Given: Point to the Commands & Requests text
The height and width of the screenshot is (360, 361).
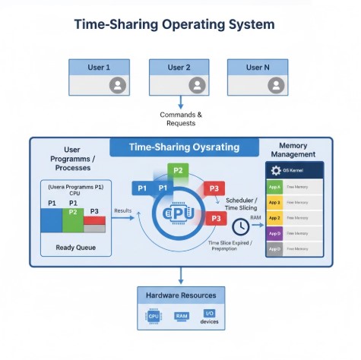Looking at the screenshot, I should (181, 118).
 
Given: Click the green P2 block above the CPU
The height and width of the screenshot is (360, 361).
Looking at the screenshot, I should (177, 170).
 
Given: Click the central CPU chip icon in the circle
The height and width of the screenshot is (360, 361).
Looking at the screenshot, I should (180, 214).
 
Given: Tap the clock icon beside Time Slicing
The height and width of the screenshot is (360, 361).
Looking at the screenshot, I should (240, 226).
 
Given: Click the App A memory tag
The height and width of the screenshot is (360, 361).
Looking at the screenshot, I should (275, 187).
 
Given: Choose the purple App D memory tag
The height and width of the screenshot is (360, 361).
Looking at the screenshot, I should (275, 233).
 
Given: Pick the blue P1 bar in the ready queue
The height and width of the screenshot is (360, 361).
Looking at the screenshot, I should (52, 220).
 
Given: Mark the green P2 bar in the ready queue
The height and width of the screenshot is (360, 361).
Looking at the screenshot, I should (73, 221).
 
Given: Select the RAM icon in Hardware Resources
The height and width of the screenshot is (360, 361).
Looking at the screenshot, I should (182, 314).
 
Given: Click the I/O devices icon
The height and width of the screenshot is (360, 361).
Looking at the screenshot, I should (209, 314).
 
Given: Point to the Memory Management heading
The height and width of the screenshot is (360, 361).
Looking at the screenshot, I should (293, 149).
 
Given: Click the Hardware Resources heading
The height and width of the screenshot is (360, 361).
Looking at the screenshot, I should (181, 295).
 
